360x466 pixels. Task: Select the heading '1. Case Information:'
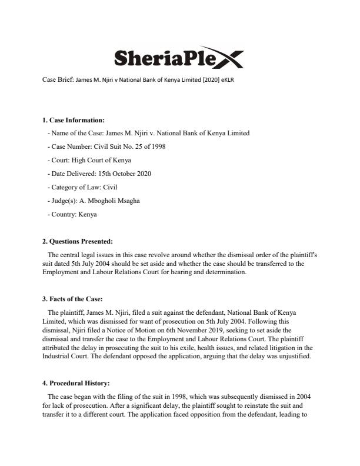click(x=74, y=121)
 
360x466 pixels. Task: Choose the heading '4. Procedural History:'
click(x=76, y=384)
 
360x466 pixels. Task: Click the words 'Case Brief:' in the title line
click(x=57, y=79)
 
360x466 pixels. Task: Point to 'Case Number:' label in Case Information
click(x=67, y=147)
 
